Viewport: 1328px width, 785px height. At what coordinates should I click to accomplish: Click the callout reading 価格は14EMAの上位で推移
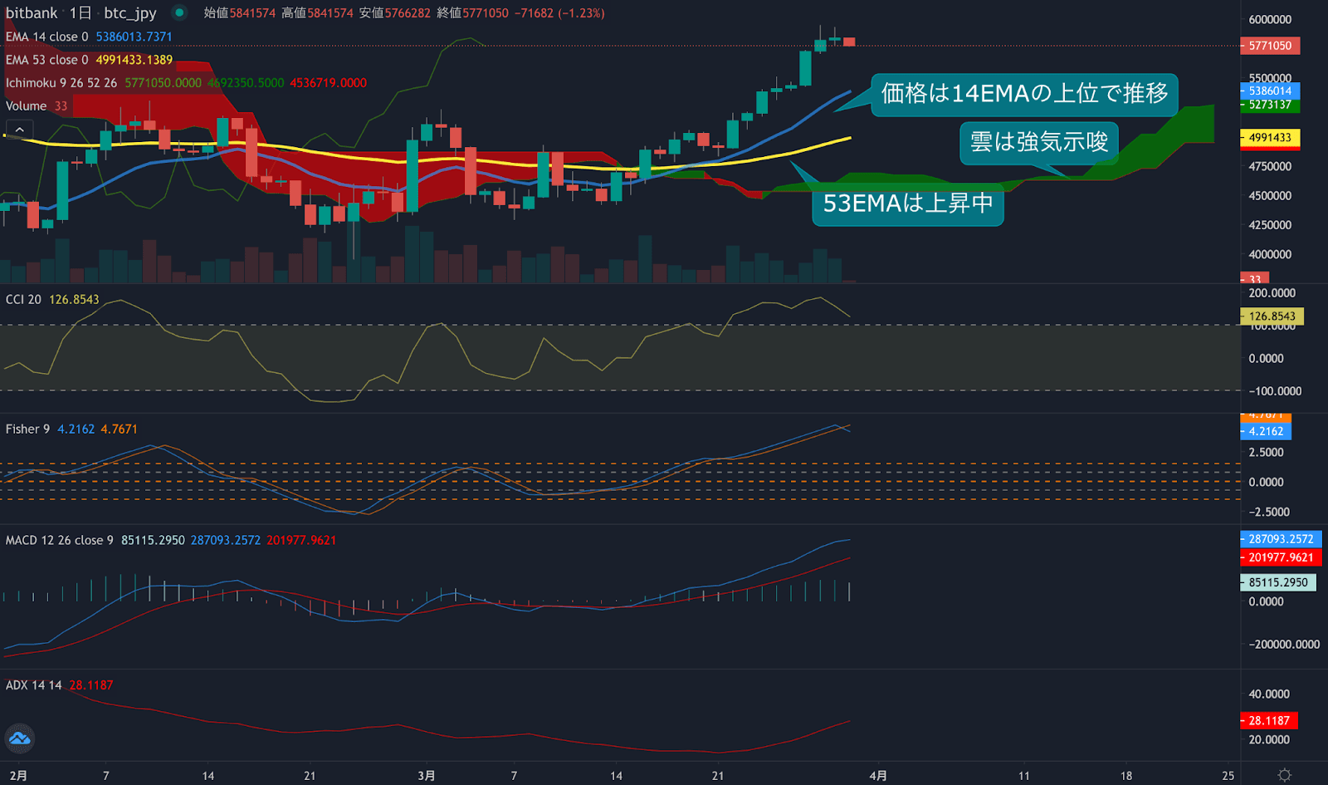click(1023, 93)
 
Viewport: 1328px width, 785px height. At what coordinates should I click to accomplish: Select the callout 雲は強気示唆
click(1039, 142)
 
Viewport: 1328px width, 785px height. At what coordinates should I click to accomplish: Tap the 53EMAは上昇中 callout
click(907, 204)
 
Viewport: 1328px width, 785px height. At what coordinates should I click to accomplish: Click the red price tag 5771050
click(1270, 46)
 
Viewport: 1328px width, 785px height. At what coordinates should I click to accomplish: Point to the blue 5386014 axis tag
click(1270, 91)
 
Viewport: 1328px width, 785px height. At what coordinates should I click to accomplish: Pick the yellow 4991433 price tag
click(1270, 138)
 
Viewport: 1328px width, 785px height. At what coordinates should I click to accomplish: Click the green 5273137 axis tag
click(1270, 105)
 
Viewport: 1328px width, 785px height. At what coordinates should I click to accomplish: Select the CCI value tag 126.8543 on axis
click(1272, 316)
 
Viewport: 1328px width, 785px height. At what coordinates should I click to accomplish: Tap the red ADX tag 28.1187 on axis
click(1269, 721)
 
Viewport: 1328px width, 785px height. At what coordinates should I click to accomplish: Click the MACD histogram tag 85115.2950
click(1277, 583)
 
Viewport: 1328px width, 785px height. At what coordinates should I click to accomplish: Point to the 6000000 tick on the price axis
click(1270, 19)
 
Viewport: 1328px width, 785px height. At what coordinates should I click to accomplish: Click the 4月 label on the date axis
click(878, 776)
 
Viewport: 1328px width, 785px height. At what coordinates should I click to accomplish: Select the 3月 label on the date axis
click(426, 776)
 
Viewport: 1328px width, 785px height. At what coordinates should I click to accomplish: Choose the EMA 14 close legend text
click(46, 37)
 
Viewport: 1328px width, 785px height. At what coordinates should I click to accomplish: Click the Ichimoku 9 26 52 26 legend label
click(61, 83)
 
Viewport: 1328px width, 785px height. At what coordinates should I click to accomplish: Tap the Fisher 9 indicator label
click(27, 429)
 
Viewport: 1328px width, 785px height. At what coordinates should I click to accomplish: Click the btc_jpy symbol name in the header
click(130, 13)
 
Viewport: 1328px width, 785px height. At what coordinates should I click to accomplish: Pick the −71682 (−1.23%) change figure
click(559, 13)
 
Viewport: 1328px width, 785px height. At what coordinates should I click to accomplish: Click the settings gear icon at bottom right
click(1284, 775)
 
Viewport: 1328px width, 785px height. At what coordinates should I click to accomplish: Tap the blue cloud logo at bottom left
click(19, 738)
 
